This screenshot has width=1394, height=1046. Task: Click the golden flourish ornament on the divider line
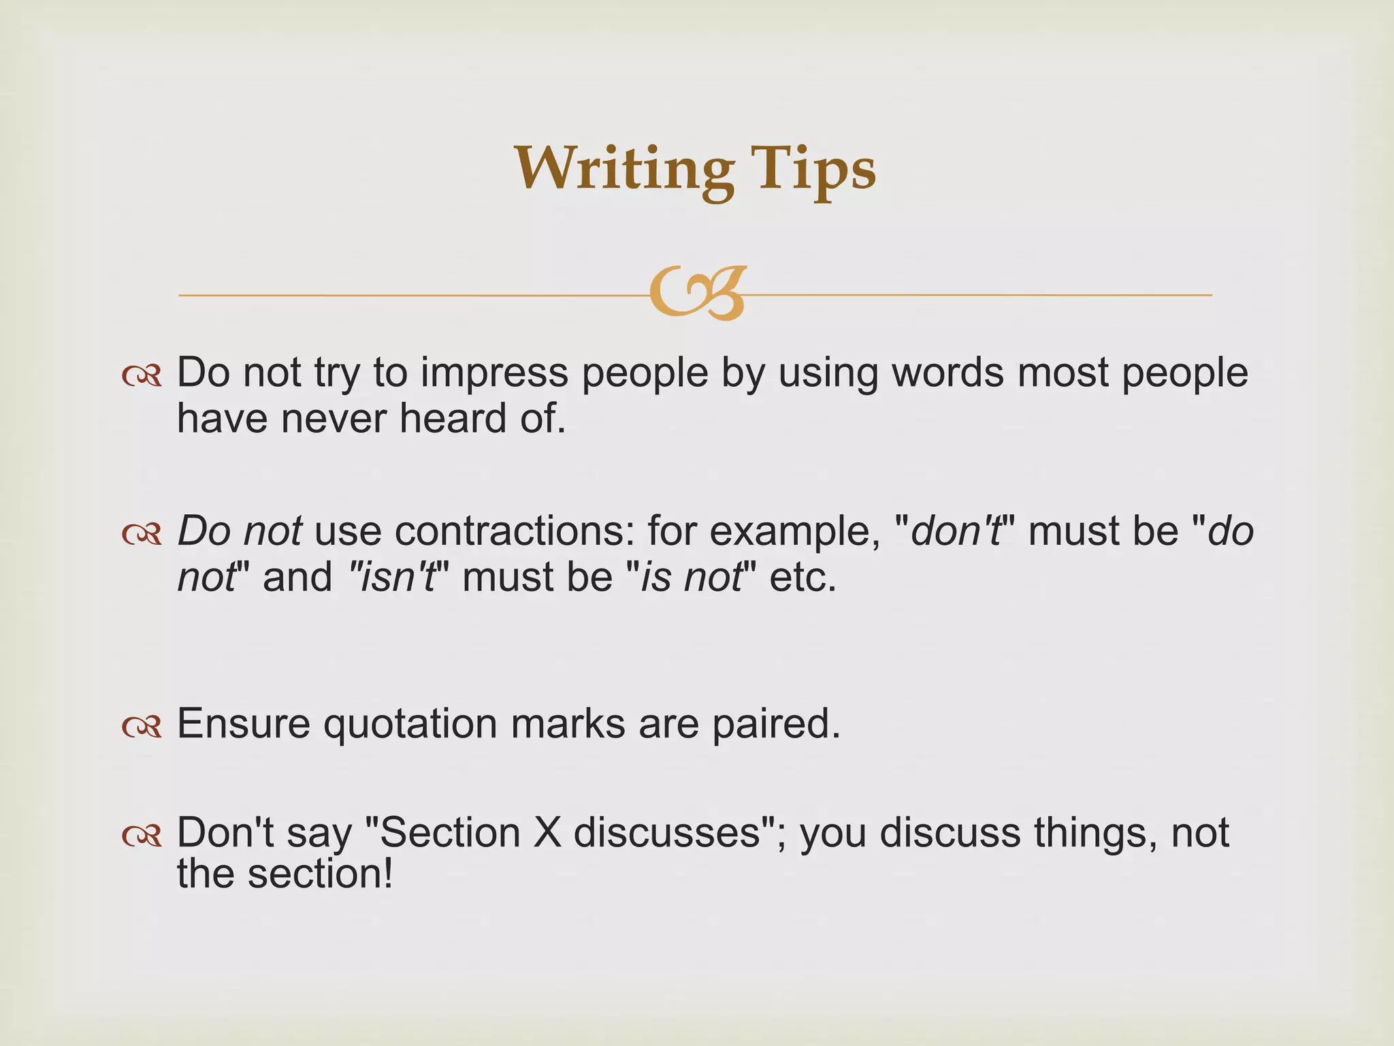(x=697, y=294)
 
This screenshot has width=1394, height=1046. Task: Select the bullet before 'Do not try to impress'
(x=142, y=376)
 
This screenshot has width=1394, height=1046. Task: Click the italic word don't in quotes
(x=956, y=531)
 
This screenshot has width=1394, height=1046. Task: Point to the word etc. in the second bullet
(x=803, y=577)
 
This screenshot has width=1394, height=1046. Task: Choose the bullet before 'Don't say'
(x=142, y=836)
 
